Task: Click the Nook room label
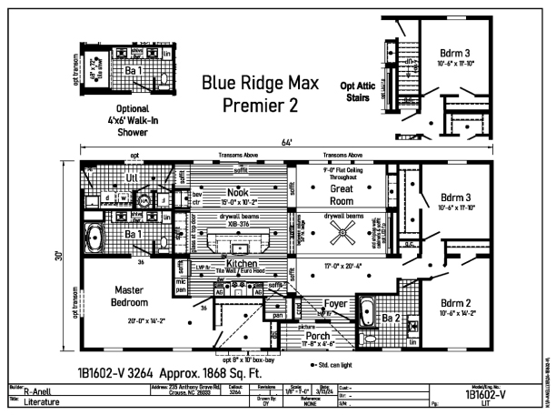pos(238,192)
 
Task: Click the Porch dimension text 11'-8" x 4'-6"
pos(318,345)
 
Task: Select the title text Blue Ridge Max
pos(260,83)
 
